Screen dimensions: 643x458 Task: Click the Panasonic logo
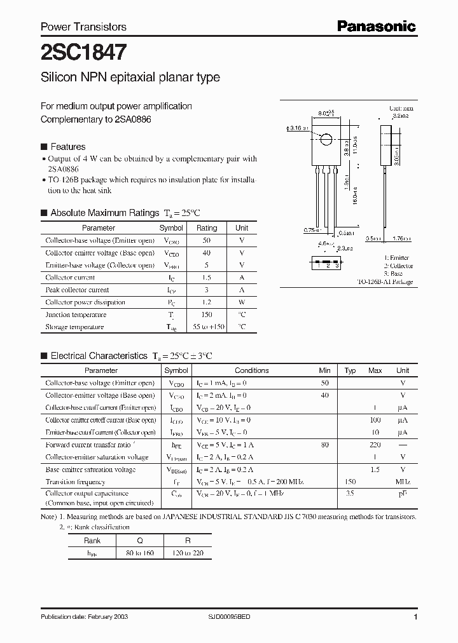376,26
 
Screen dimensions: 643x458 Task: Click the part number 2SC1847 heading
83,51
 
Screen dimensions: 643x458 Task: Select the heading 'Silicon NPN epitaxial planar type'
130,78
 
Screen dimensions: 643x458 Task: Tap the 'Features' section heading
67,146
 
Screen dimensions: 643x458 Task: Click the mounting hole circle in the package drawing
326,140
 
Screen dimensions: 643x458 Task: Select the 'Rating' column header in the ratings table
207,228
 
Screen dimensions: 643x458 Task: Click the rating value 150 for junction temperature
207,315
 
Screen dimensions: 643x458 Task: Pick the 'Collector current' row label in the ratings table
70,278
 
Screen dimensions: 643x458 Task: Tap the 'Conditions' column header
252,370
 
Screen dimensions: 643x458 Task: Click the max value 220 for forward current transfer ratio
375,445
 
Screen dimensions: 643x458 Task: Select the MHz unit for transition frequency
403,482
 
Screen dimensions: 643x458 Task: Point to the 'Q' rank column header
139,541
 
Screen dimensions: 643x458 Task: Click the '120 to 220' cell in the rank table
188,553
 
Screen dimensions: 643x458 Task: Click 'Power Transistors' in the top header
83,27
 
